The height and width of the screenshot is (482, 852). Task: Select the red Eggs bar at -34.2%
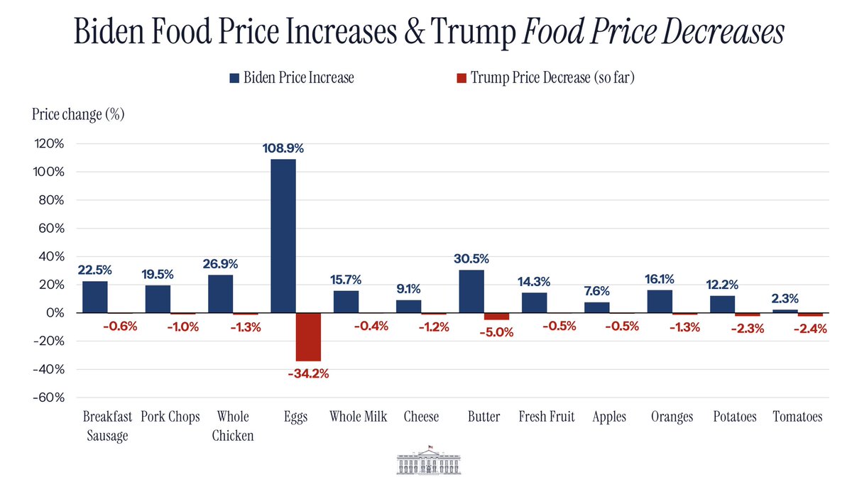pyautogui.click(x=308, y=336)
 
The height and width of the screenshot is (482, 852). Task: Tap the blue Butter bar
pyautogui.click(x=471, y=291)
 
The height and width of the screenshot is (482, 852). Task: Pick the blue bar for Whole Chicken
pyautogui.click(x=221, y=293)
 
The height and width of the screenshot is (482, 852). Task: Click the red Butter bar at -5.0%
pyautogui.click(x=496, y=316)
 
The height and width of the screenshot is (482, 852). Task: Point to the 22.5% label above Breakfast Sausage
pyautogui.click(x=95, y=270)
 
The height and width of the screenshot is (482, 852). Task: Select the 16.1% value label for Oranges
pyautogui.click(x=660, y=279)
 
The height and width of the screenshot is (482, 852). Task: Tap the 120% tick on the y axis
pyautogui.click(x=50, y=143)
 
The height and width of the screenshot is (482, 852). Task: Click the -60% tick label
pyautogui.click(x=49, y=398)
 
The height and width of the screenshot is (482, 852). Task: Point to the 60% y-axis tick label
pyautogui.click(x=52, y=229)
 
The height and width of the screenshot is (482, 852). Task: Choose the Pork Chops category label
pyautogui.click(x=170, y=417)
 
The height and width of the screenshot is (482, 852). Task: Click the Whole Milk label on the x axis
pyautogui.click(x=359, y=417)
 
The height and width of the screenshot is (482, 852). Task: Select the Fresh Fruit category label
pyautogui.click(x=547, y=417)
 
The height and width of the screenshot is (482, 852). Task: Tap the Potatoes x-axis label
pyautogui.click(x=735, y=417)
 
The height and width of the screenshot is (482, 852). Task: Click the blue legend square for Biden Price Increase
pyautogui.click(x=234, y=77)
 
